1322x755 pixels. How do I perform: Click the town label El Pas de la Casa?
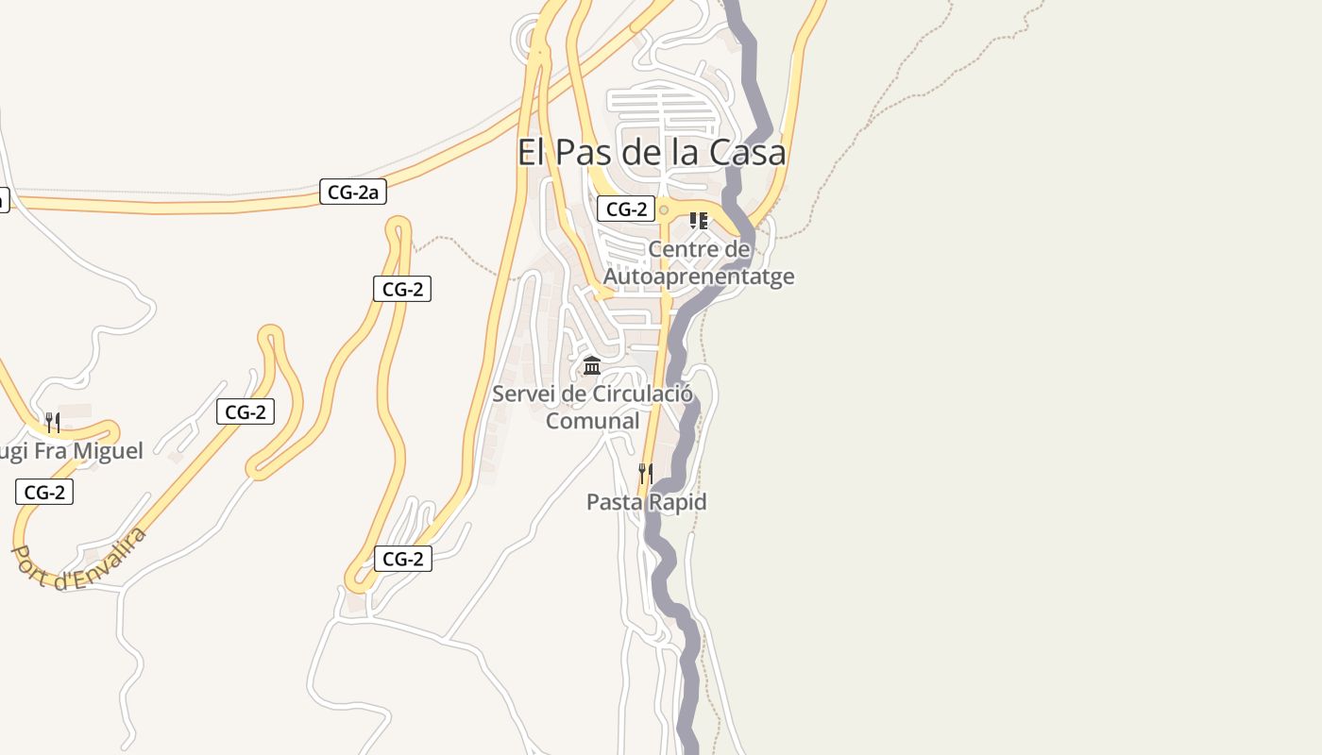(x=652, y=152)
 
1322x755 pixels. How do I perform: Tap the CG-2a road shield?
(x=353, y=193)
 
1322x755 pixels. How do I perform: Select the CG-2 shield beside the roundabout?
(x=625, y=210)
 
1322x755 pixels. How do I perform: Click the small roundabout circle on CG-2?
(x=664, y=210)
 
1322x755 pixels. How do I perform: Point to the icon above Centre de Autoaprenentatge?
(x=699, y=221)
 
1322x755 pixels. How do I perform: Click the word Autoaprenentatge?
(x=699, y=277)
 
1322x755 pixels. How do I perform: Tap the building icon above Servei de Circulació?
(x=592, y=365)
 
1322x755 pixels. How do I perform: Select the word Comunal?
(x=593, y=421)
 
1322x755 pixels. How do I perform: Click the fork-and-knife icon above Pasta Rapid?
(x=646, y=473)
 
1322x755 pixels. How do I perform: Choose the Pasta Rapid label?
(x=646, y=502)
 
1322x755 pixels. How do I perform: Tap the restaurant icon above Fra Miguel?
(x=53, y=422)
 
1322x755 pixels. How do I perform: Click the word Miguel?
(x=103, y=451)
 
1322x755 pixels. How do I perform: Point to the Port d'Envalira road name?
(x=79, y=559)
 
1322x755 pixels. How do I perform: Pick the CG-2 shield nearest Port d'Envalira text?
(x=44, y=492)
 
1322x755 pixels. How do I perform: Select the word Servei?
(x=523, y=394)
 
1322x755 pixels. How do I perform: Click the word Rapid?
(x=675, y=502)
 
